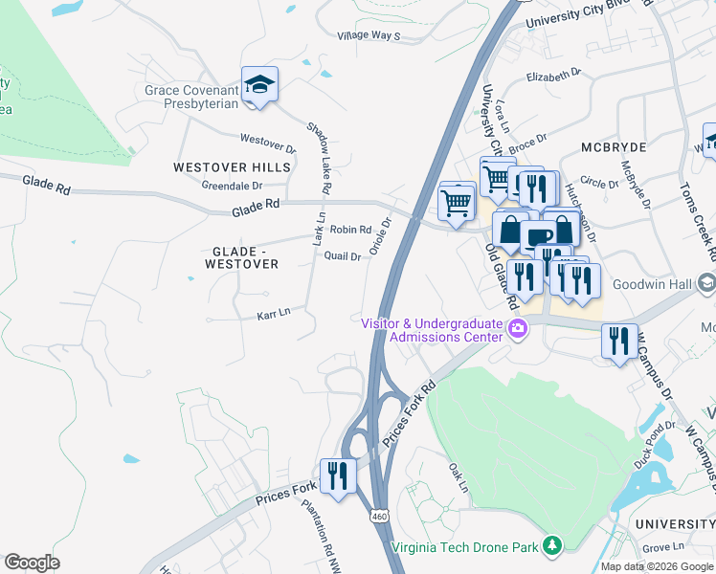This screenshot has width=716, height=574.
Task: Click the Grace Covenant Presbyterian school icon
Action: [259, 85]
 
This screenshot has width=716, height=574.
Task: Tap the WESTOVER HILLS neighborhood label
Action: [232, 167]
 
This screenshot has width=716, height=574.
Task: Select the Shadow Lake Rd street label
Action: [319, 158]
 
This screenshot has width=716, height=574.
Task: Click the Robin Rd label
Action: [350, 230]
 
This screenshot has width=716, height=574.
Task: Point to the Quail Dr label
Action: [343, 256]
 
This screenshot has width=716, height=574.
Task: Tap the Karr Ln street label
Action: [273, 314]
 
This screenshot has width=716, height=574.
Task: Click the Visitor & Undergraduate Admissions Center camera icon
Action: [519, 330]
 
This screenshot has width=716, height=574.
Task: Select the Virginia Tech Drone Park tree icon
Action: [551, 546]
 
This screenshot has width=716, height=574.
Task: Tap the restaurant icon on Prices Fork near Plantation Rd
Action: [337, 475]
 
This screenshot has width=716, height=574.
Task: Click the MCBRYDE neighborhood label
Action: [614, 148]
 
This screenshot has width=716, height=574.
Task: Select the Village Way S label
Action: [368, 35]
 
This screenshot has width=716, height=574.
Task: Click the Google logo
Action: [32, 563]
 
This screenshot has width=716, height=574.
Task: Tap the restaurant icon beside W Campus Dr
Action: [618, 341]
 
